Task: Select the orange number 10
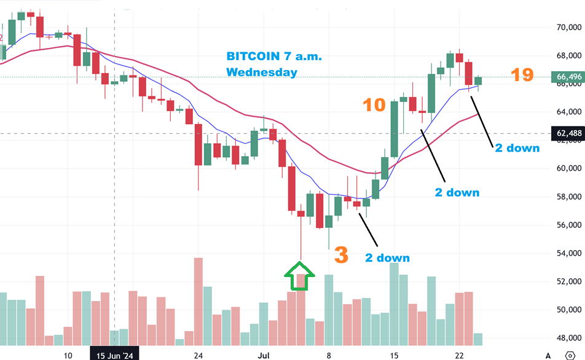[x=374, y=105]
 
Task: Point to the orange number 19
[x=522, y=76]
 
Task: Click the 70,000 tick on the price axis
[x=569, y=28]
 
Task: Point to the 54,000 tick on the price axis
[x=569, y=253]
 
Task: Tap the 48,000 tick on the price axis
[x=569, y=337]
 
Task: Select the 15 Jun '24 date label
[x=115, y=355]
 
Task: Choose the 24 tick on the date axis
[x=198, y=355]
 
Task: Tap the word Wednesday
[x=262, y=72]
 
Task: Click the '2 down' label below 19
[x=517, y=147]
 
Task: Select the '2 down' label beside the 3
[x=387, y=257]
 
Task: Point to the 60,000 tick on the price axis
[x=569, y=168]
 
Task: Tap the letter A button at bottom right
[x=548, y=354]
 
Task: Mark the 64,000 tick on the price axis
[x=569, y=112]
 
